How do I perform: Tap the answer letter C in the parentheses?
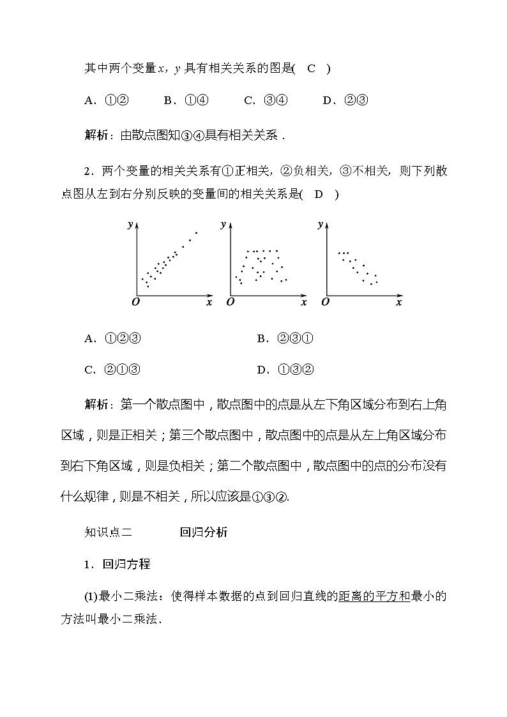(312, 69)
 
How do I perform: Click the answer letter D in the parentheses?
(319, 195)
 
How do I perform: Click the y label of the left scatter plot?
(130, 224)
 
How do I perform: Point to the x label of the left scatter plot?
(209, 302)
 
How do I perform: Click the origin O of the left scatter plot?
(135, 302)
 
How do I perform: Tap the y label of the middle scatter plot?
(223, 224)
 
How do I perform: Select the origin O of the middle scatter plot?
(229, 302)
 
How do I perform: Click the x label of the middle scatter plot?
(303, 302)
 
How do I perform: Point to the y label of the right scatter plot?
(320, 224)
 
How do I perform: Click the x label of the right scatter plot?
(398, 302)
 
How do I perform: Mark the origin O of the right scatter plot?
(325, 302)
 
